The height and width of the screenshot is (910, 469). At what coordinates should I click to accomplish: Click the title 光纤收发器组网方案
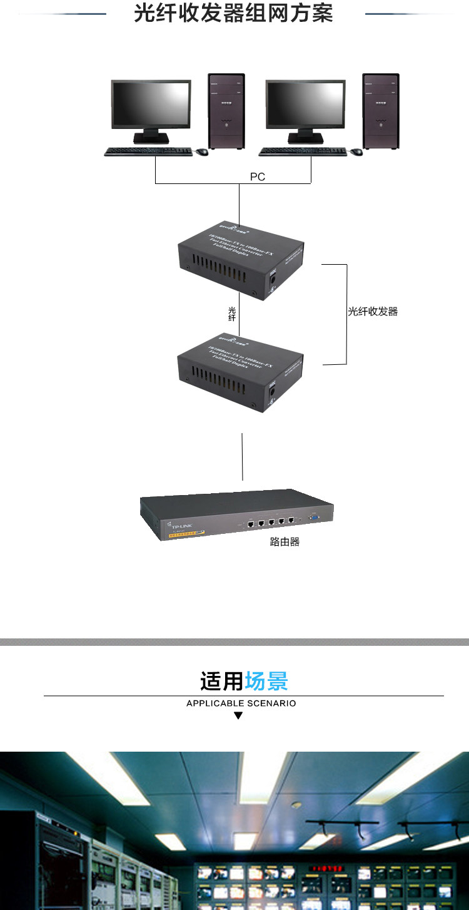(233, 14)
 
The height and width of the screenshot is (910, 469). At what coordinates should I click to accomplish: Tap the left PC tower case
(226, 111)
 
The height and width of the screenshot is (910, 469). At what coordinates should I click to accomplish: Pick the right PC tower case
(381, 111)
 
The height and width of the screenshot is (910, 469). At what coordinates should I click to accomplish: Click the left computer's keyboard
(148, 151)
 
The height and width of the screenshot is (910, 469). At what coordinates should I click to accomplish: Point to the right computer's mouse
(356, 151)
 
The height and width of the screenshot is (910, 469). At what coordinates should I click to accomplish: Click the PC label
(258, 177)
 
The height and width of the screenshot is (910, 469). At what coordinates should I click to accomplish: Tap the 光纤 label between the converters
(232, 314)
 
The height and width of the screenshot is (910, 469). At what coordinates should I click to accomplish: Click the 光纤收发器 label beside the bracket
(373, 311)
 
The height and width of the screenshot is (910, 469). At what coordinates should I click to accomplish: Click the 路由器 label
(285, 542)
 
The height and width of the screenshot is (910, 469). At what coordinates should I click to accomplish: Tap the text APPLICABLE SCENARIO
(241, 703)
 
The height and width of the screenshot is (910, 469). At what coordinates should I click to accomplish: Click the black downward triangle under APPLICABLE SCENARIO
(238, 715)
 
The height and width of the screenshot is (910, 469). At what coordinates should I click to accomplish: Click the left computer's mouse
(201, 151)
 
